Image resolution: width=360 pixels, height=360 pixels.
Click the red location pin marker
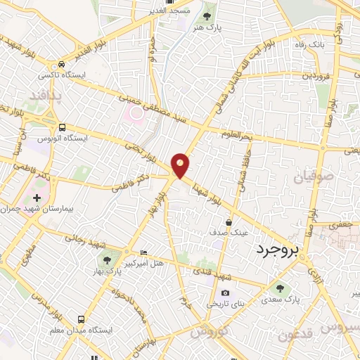point(181,165)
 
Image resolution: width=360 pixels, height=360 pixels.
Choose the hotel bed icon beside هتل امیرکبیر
point(144,253)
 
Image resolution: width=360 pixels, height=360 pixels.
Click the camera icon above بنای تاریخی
point(225,292)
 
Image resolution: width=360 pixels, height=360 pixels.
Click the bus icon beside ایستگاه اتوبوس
point(63,127)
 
